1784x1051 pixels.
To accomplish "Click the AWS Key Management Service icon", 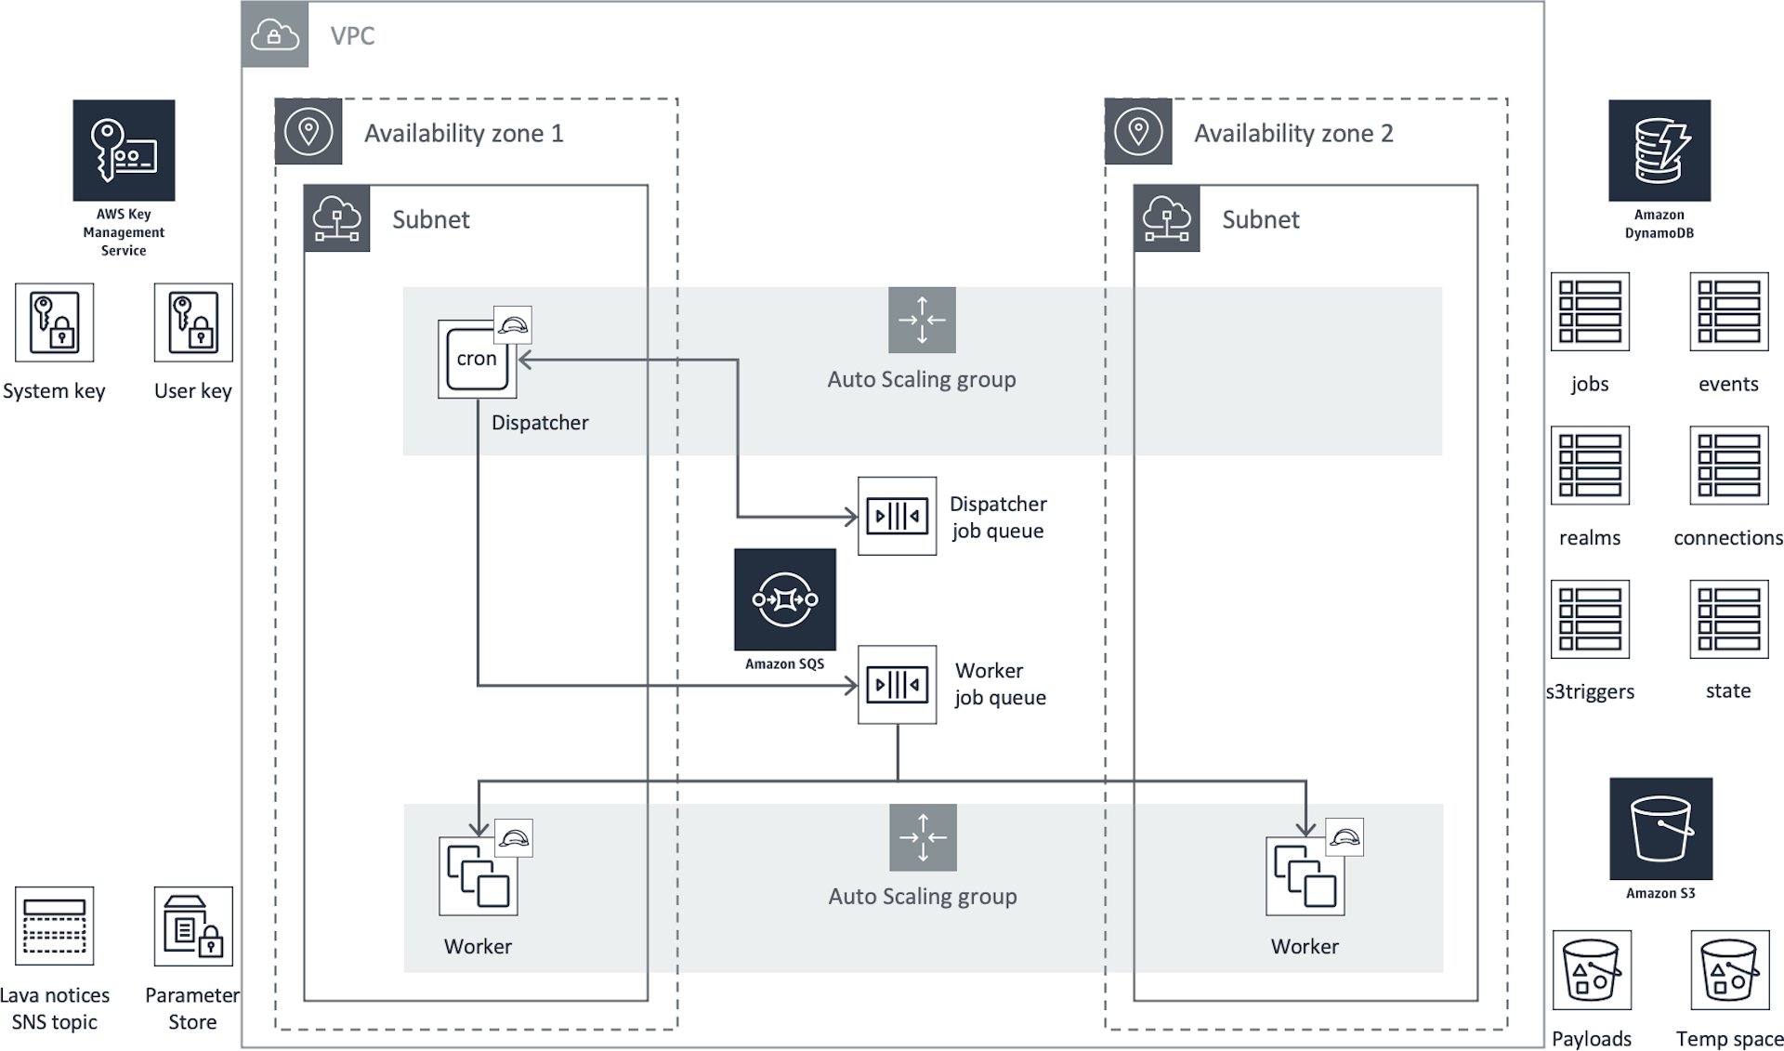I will [124, 151].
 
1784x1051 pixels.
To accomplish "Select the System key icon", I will [55, 322].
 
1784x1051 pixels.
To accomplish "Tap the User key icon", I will [193, 322].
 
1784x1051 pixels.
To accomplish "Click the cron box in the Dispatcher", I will [477, 359].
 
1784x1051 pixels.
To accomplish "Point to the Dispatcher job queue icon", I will [897, 516].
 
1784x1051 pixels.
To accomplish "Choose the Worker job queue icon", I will [897, 685].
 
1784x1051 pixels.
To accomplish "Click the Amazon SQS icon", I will [785, 599].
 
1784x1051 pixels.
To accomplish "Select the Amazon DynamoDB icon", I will [1659, 151].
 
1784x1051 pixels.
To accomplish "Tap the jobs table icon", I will [1590, 311].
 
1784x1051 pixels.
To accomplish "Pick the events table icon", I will [1728, 311].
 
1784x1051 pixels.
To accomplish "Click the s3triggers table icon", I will [1590, 619].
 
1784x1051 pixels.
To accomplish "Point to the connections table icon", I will [1728, 466].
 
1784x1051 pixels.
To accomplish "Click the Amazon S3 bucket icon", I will [1660, 829].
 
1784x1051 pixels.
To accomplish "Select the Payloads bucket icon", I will [1592, 970].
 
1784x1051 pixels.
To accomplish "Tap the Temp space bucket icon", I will [1729, 970].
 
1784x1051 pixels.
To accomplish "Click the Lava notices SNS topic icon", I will [55, 926].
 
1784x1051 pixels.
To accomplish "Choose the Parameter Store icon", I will [193, 926].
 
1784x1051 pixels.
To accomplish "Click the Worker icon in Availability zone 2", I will [1305, 876].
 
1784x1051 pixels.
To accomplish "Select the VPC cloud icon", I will [275, 35].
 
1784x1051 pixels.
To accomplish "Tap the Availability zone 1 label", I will [464, 134].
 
